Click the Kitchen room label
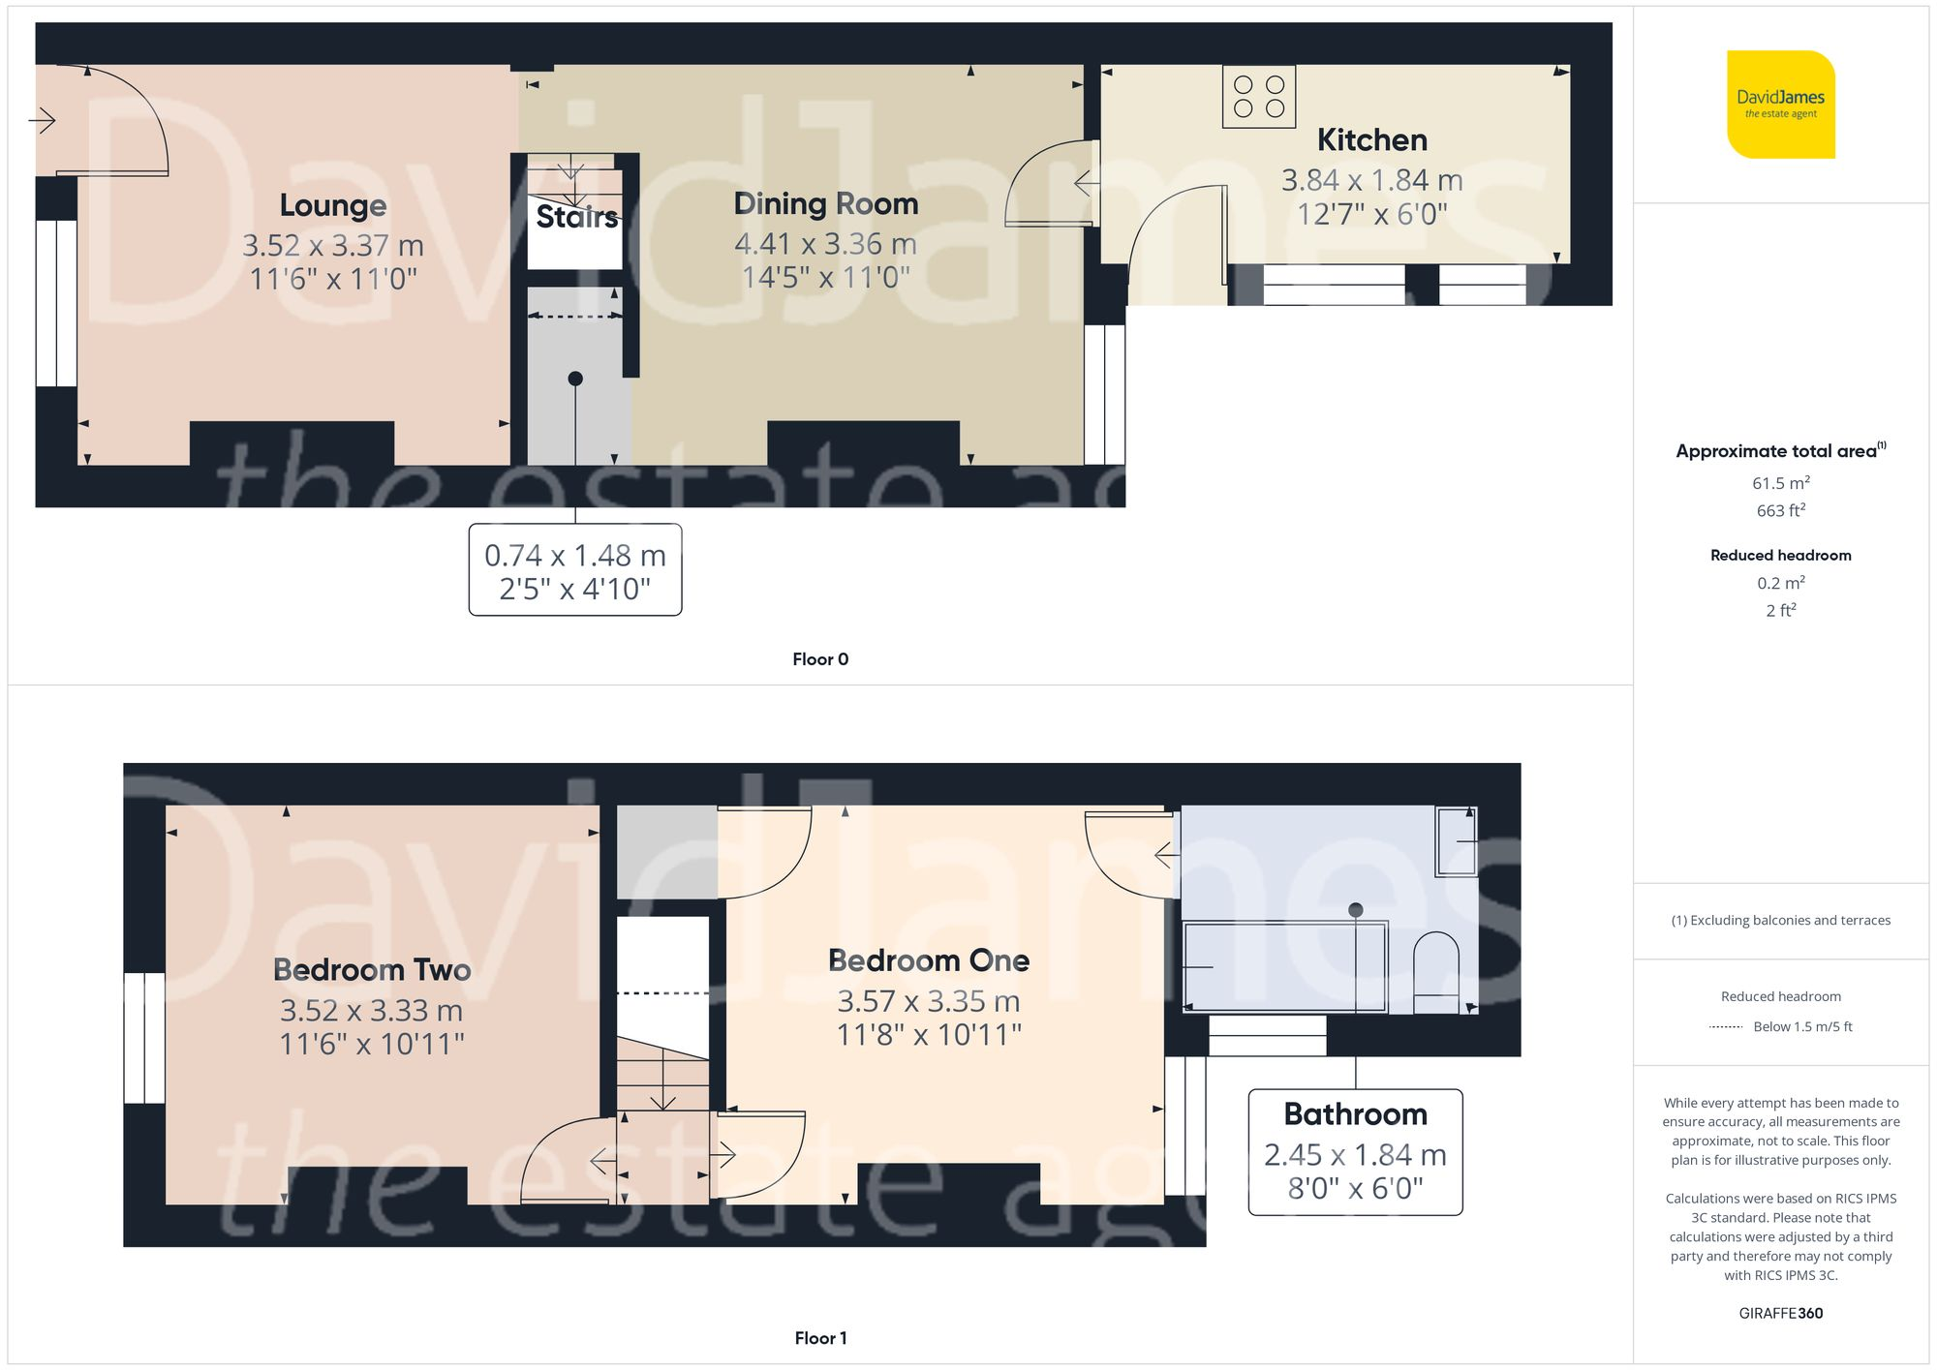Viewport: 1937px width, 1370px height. tap(1371, 140)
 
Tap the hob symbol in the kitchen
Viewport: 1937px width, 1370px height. tap(1258, 97)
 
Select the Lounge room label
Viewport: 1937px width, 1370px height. tap(332, 205)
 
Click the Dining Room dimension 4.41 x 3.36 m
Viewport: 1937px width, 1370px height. tap(825, 244)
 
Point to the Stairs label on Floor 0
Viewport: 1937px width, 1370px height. tap(576, 217)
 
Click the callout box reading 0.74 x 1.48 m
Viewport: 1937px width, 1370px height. tap(575, 570)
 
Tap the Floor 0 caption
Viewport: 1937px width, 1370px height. tap(819, 659)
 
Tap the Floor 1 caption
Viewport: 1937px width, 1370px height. tap(819, 1338)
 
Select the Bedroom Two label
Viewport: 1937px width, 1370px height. tap(372, 969)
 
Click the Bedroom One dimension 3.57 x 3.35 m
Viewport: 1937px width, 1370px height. tap(928, 1001)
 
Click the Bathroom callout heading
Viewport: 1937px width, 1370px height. tap(1355, 1114)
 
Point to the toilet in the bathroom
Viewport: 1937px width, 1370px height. tap(1436, 972)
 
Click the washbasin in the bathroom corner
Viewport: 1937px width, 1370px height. tap(1456, 840)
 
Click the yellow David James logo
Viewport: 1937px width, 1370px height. tap(1780, 105)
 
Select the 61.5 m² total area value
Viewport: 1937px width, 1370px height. tap(1780, 482)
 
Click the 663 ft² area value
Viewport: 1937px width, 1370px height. tap(1780, 510)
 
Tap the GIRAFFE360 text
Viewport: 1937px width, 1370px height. tap(1780, 1313)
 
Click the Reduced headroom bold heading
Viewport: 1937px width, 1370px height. tap(1780, 555)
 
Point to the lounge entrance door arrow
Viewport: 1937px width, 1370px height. tap(42, 121)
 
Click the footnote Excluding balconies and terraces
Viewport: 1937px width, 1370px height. tap(1780, 920)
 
